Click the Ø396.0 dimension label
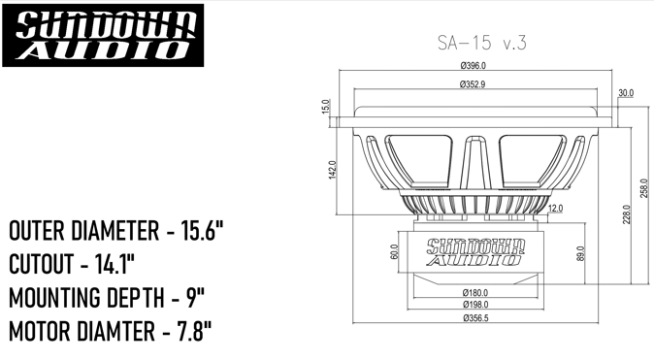coord(473,66)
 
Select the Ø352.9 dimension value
coord(473,84)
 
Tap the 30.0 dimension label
coord(626,92)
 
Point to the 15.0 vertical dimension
coord(326,106)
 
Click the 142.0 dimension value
coord(333,170)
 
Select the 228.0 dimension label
coord(627,214)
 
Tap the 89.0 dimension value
coord(581,254)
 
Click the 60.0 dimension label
coord(394,252)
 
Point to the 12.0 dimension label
coord(555,209)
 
